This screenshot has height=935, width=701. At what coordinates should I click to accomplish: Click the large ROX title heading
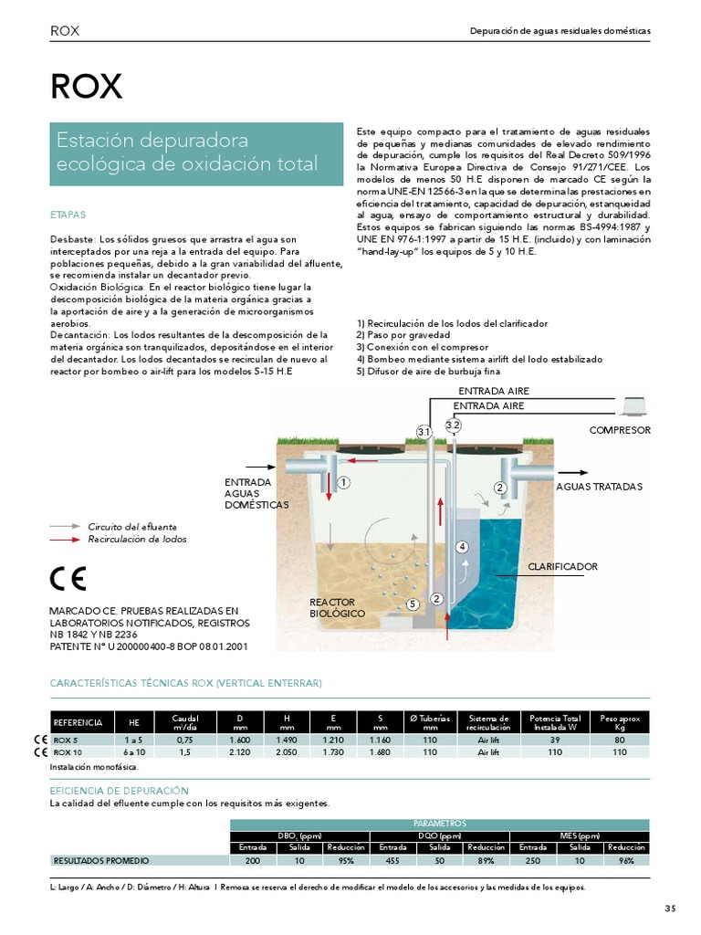click(86, 86)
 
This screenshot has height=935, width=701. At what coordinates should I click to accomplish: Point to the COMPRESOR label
click(620, 429)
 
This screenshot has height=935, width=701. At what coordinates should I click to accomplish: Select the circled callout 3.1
click(424, 431)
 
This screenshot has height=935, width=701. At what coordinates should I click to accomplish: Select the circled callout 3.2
click(454, 425)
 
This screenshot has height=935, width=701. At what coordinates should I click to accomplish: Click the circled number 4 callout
click(462, 547)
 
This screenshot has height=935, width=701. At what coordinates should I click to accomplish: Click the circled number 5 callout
click(413, 604)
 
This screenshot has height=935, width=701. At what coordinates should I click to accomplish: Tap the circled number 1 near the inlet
click(344, 481)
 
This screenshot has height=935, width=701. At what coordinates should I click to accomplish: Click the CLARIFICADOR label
click(562, 567)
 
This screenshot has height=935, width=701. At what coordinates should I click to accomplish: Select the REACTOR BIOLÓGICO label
click(337, 608)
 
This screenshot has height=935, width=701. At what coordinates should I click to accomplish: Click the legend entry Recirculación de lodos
click(137, 540)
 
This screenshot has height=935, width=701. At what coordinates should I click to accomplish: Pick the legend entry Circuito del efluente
click(132, 527)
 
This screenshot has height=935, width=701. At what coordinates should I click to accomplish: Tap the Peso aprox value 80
click(621, 740)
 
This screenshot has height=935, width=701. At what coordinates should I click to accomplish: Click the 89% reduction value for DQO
click(487, 860)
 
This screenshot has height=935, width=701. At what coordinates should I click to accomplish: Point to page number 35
click(670, 908)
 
